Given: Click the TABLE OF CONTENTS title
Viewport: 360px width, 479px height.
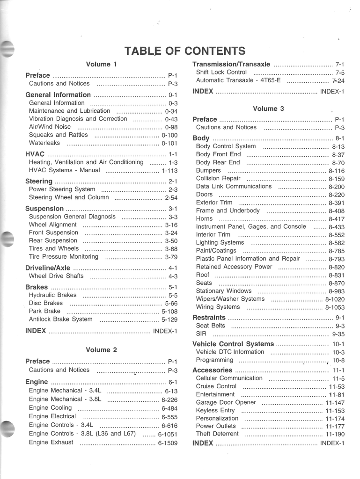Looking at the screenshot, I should [x=184, y=51].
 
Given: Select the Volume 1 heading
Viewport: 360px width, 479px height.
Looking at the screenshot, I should [x=101, y=64].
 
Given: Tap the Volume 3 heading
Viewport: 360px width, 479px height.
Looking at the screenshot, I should [x=268, y=109].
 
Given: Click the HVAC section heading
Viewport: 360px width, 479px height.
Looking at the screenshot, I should [x=35, y=154].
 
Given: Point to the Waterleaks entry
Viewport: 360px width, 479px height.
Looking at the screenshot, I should [x=44, y=143].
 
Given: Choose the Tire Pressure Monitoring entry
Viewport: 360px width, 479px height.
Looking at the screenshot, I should [x=64, y=257].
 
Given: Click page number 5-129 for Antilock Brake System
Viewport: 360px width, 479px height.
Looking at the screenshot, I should [x=169, y=319].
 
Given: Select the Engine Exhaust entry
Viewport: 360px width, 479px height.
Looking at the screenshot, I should [x=51, y=442].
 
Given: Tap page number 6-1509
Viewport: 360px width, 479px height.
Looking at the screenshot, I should [x=168, y=443].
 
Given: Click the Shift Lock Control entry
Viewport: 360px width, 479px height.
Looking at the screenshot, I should [x=221, y=73].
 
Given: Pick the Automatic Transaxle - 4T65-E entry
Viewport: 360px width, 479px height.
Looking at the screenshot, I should [x=238, y=80].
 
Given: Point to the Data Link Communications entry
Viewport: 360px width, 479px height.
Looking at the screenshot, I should [x=234, y=186].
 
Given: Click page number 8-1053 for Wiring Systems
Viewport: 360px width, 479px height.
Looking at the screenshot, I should [x=335, y=307].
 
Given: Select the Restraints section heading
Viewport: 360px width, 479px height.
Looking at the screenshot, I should [x=209, y=318].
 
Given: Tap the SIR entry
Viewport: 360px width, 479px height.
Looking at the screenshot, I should [x=201, y=334].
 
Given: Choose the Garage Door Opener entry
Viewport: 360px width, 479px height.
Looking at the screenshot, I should [x=226, y=402].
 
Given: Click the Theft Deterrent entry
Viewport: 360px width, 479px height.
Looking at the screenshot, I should [x=217, y=434].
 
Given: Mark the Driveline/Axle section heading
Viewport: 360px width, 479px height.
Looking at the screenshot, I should [x=48, y=268].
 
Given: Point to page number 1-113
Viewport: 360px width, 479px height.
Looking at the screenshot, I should [x=169, y=171].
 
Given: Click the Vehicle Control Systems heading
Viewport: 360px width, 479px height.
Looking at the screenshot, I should [x=233, y=344].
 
